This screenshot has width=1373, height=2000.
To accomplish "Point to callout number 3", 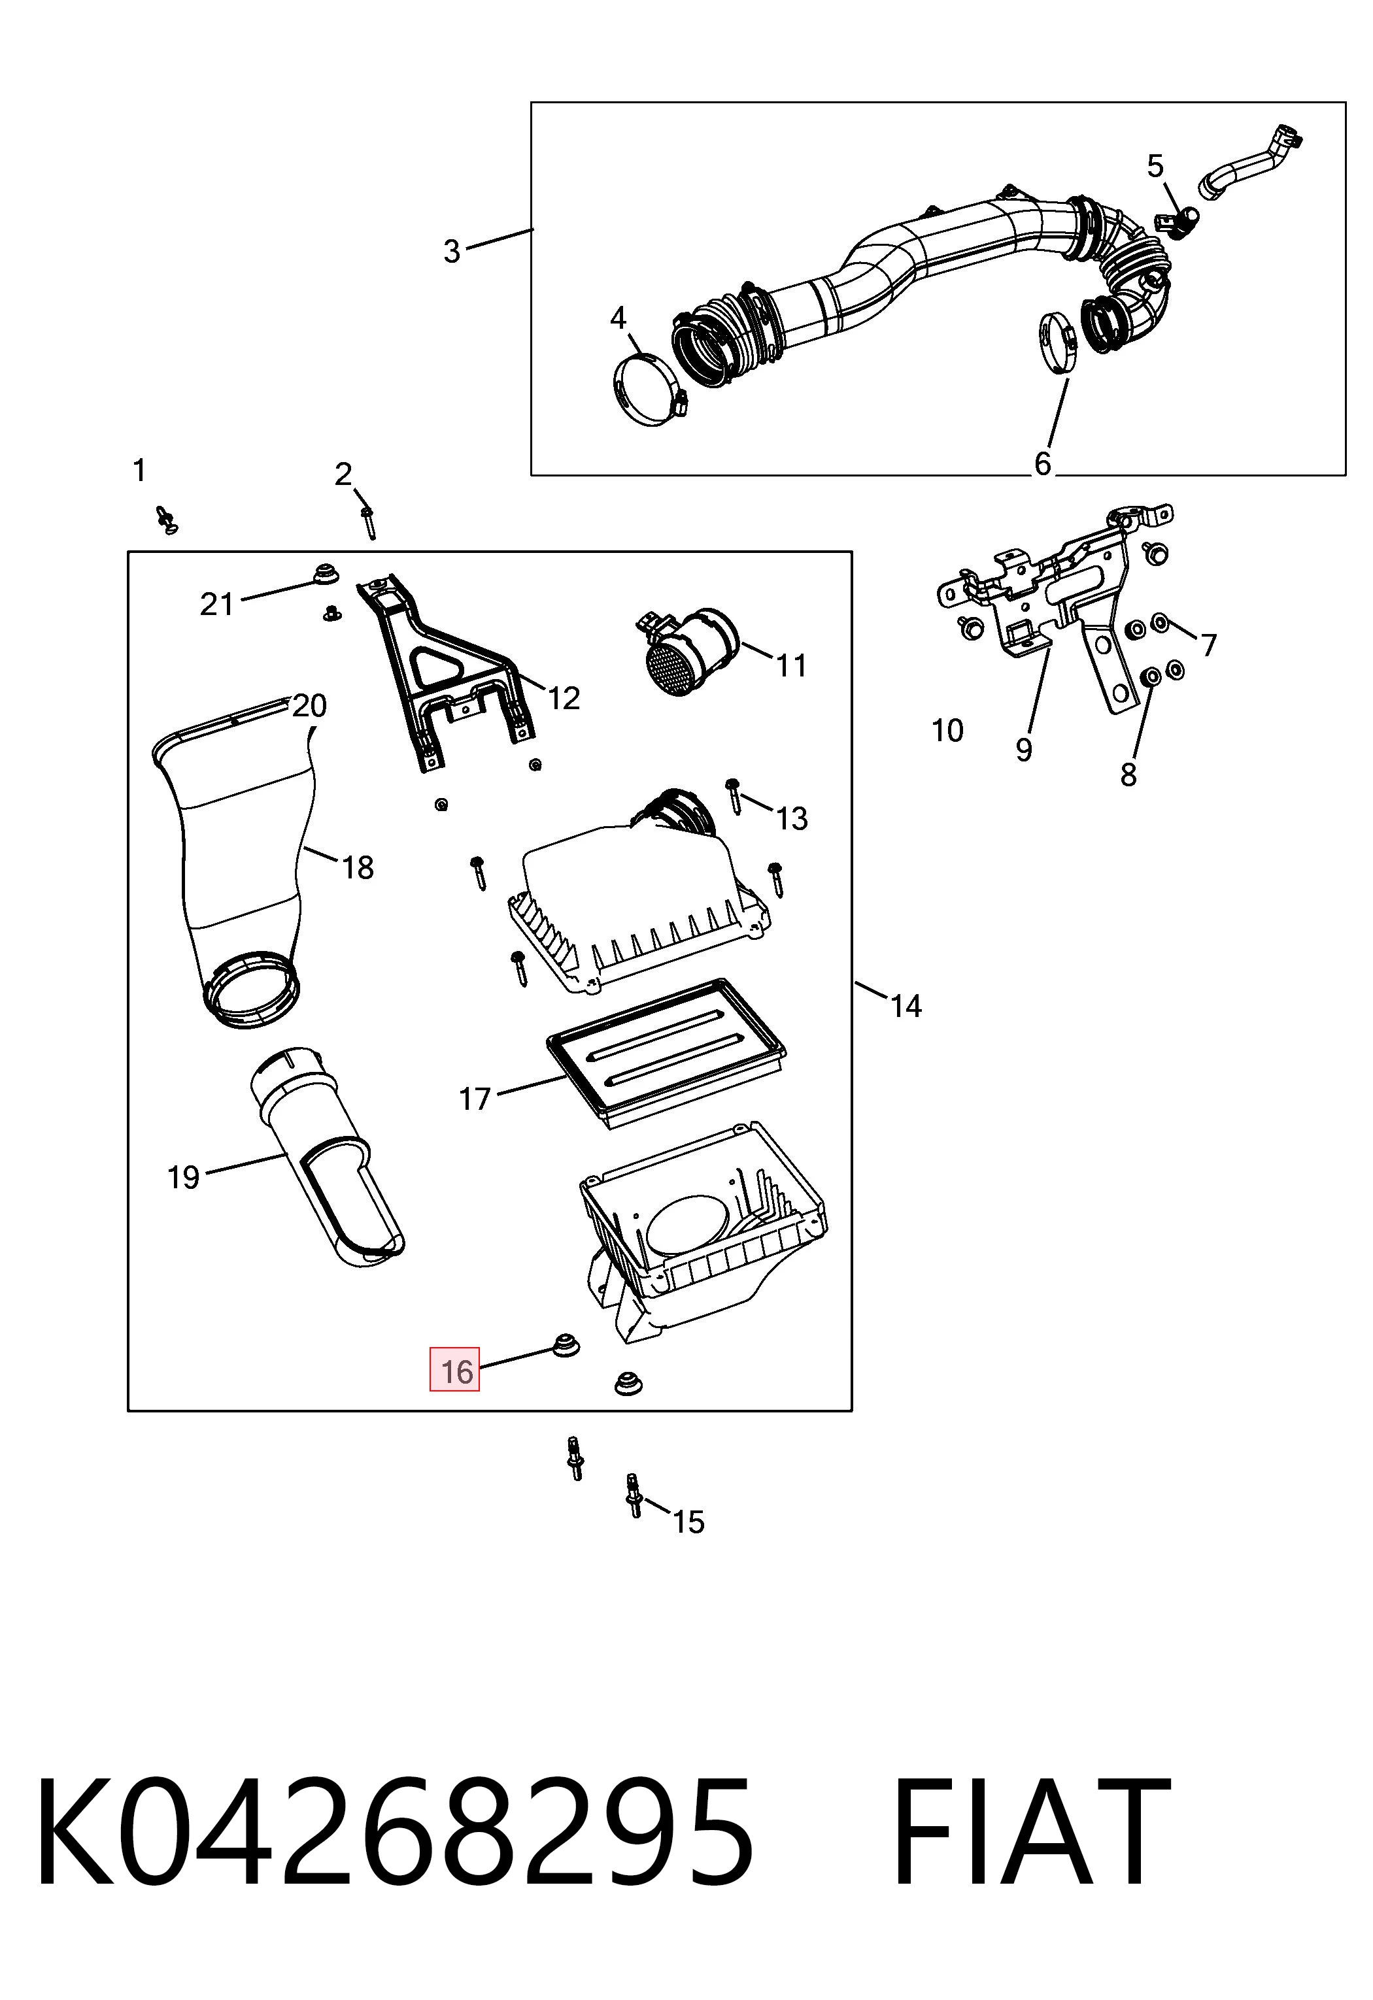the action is click(x=452, y=251).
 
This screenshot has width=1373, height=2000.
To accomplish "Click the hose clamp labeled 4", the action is click(x=653, y=391).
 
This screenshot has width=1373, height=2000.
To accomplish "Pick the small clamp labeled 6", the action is click(x=1055, y=346).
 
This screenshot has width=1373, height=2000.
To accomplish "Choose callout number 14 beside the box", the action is click(x=906, y=1006).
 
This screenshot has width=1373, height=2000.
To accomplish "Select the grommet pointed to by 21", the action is click(x=324, y=573).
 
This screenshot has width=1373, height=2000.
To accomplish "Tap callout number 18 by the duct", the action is click(x=358, y=867).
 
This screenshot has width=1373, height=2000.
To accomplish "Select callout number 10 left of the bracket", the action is click(x=947, y=731).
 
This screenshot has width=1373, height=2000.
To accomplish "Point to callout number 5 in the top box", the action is click(x=1155, y=166).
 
